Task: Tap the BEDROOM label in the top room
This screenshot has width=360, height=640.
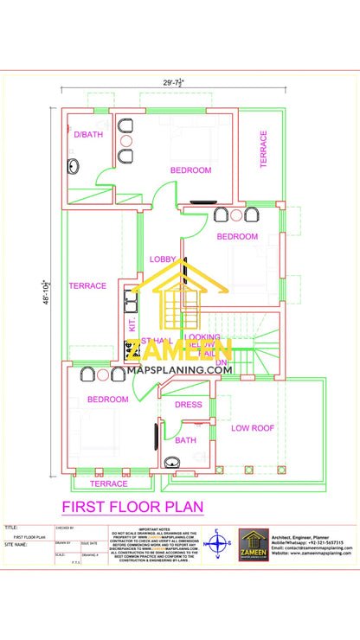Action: [x=190, y=170]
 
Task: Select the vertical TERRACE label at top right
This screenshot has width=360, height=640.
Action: [x=264, y=147]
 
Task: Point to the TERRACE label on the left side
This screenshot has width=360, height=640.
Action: [x=87, y=285]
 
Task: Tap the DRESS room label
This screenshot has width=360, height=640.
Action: [x=188, y=404]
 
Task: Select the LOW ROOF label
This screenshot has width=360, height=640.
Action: [x=252, y=427]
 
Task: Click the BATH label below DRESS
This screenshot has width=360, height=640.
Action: [x=185, y=440]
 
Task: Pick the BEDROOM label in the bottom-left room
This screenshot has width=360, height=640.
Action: [x=107, y=399]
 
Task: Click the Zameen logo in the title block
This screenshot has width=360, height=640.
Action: [x=252, y=546]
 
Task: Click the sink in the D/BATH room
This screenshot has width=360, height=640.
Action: [x=73, y=166]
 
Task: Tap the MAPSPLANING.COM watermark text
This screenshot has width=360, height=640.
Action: [x=180, y=369]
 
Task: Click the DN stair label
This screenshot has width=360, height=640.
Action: [x=220, y=362]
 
